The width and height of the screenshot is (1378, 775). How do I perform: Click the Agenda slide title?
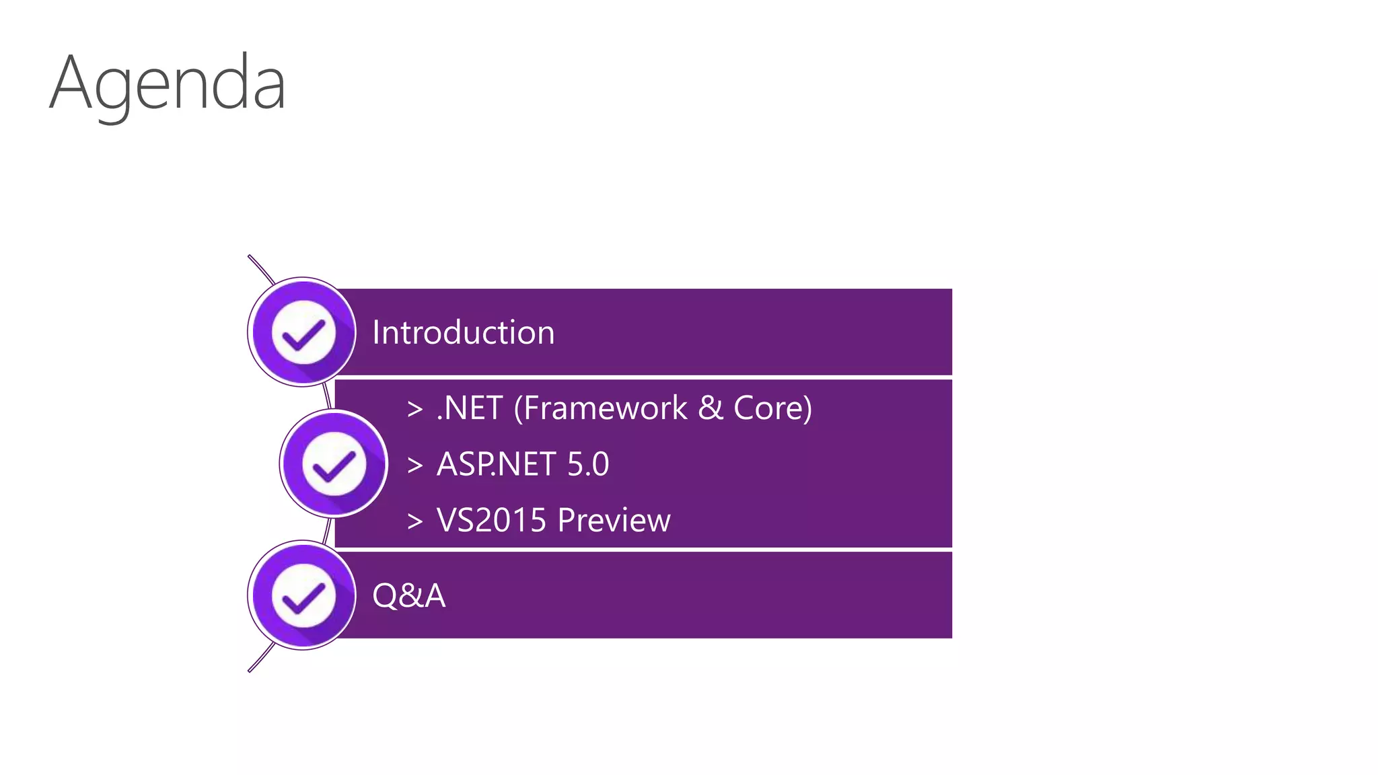(x=168, y=83)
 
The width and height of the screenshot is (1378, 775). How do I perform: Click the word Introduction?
(x=463, y=332)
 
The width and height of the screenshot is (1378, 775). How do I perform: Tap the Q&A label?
(x=408, y=595)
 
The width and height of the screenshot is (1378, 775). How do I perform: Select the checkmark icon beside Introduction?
(x=303, y=332)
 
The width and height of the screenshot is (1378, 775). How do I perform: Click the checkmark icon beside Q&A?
(x=303, y=595)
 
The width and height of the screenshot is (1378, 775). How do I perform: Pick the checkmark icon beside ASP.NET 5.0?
(x=334, y=464)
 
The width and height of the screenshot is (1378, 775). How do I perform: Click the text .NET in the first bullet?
(x=470, y=408)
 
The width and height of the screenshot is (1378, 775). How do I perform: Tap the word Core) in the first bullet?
(x=772, y=408)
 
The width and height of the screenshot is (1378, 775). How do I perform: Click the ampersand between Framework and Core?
(x=711, y=408)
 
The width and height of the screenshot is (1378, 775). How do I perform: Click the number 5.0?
(x=588, y=464)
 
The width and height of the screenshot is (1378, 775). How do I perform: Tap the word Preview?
(x=614, y=520)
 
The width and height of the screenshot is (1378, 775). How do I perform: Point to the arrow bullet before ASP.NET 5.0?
(x=415, y=465)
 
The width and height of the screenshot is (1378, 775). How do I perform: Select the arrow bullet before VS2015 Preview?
(x=415, y=521)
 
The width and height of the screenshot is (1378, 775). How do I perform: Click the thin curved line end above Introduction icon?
(x=251, y=258)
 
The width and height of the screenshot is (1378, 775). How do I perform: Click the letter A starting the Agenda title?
(x=70, y=83)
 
